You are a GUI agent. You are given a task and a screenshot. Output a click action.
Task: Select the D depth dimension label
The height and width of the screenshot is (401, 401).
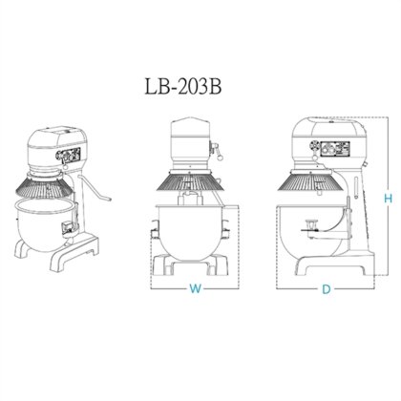326,288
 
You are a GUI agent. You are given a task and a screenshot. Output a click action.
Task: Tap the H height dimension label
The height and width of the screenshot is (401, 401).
388,199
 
